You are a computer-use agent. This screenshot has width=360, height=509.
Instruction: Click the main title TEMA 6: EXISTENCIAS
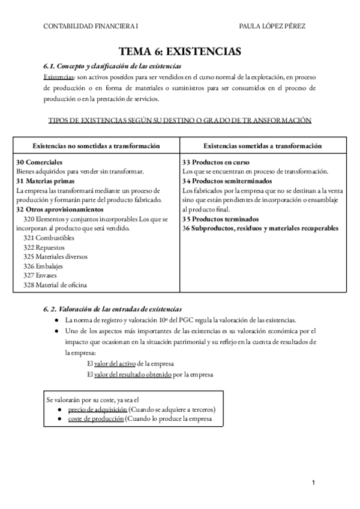[x=179, y=52]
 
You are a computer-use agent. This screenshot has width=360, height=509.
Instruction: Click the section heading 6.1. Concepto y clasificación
[x=112, y=66]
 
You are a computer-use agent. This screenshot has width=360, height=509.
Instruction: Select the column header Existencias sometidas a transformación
[x=262, y=146]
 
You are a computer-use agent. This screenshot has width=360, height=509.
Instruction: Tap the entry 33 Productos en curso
[x=216, y=162]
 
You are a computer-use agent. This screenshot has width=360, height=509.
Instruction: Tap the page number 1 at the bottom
[x=314, y=483]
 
